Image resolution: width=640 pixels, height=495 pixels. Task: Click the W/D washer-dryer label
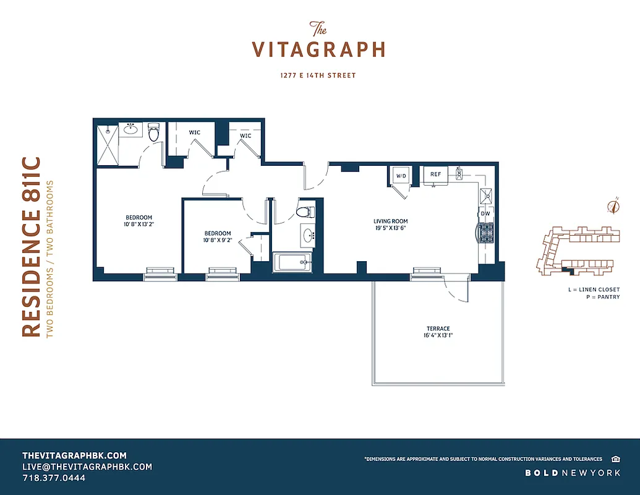400,176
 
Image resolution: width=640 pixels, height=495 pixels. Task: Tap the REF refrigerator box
436,174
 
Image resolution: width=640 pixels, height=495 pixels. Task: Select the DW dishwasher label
485,214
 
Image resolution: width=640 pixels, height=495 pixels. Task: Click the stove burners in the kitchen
485,233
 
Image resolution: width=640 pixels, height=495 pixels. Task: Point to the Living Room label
390,221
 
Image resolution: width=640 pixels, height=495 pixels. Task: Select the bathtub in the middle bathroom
294,262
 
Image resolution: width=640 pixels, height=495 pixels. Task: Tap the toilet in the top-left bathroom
154,132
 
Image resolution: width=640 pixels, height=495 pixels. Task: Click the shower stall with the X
106,144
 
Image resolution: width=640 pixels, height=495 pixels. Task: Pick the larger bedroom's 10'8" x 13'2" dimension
139,225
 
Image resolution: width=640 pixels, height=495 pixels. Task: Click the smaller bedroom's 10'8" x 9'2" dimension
218,241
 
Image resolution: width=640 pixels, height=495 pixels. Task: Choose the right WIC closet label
245,136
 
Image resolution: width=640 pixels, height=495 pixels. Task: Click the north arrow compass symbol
614,206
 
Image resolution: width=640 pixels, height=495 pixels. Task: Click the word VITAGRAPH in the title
319,49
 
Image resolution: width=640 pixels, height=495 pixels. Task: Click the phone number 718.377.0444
54,478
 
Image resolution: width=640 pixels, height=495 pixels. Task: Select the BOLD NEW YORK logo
573,473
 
